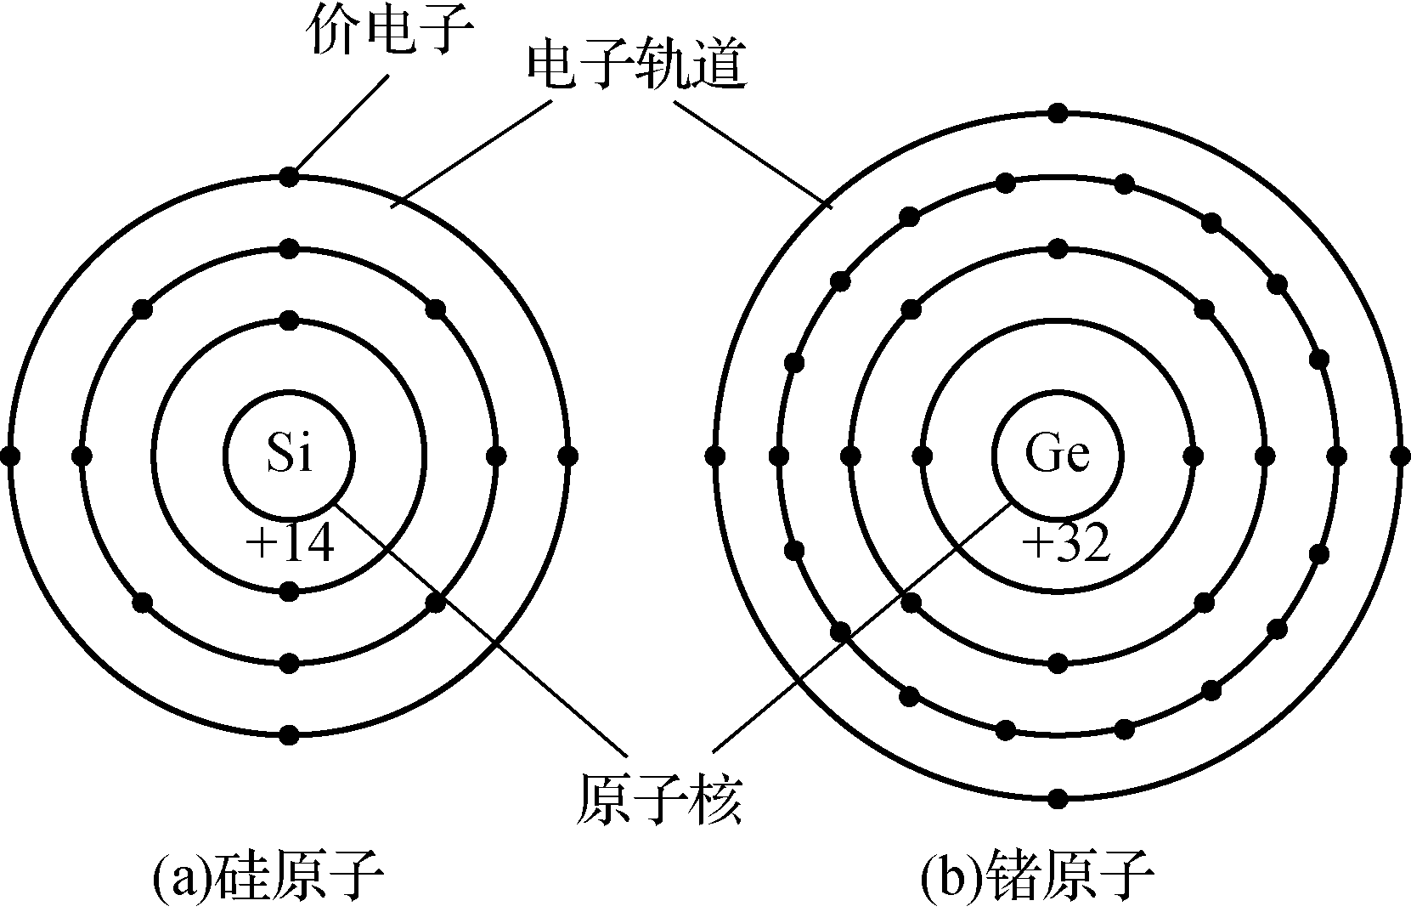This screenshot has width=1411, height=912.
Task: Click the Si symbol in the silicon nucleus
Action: point(290,454)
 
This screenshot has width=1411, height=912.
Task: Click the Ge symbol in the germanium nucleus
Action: point(1058,454)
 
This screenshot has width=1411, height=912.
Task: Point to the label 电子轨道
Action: point(637,66)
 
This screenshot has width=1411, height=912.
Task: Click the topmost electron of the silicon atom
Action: point(290,178)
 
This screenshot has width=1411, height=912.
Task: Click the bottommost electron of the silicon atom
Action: point(290,734)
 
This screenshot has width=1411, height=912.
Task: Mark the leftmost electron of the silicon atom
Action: point(10,456)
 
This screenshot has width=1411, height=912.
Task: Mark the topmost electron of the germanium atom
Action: point(1058,113)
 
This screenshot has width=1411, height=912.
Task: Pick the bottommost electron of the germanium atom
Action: point(1058,799)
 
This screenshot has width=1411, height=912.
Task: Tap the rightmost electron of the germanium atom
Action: point(1401,456)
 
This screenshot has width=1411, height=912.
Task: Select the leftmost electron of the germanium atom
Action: point(715,456)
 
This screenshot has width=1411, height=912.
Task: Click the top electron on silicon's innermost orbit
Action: point(290,320)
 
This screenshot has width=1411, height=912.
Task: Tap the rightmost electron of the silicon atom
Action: point(567,456)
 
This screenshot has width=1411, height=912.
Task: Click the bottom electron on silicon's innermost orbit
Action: point(290,591)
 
